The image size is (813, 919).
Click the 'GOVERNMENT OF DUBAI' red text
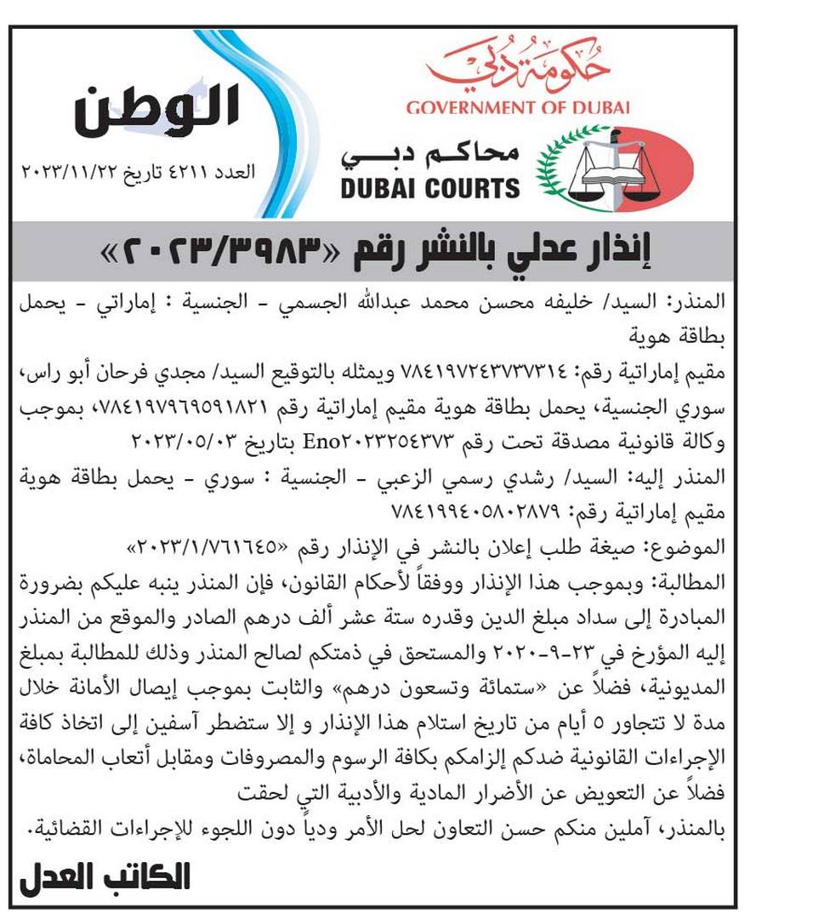click(x=517, y=108)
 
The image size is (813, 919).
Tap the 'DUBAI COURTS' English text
click(x=430, y=187)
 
